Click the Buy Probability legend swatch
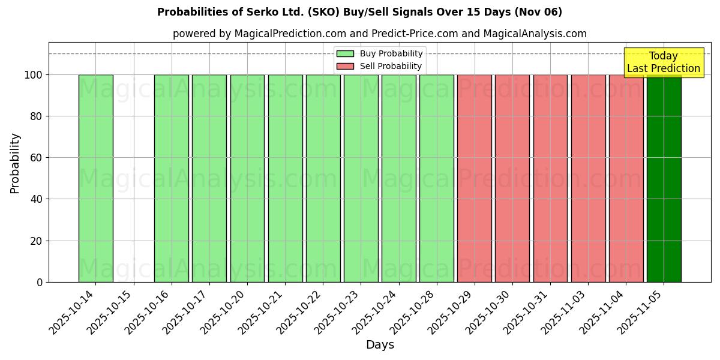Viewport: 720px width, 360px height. coord(345,54)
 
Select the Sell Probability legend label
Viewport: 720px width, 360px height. coord(390,66)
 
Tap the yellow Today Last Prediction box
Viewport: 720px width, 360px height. coord(664,62)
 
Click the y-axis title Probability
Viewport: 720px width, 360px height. coord(15,163)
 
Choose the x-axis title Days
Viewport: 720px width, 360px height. coord(380,345)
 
